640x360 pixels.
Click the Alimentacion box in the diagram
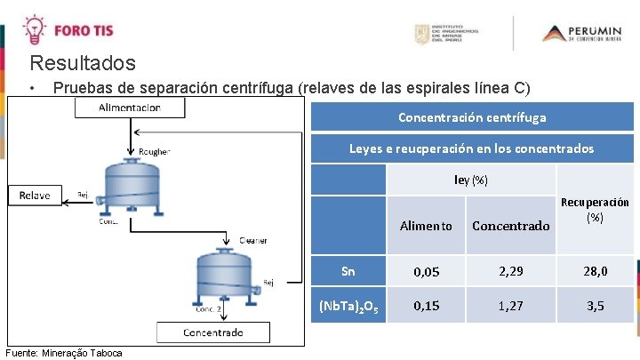[x=130, y=107]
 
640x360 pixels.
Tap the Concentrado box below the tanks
[x=212, y=332]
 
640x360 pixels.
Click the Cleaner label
[x=252, y=240]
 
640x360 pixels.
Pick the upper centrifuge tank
[x=131, y=187]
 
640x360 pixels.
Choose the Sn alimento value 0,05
[x=425, y=267]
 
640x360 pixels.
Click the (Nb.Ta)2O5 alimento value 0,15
[x=425, y=306]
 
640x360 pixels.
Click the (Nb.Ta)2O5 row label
[x=348, y=307]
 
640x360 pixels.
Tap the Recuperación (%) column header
[x=596, y=210]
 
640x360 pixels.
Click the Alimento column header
[x=425, y=226]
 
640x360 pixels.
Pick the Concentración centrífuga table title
[x=472, y=117]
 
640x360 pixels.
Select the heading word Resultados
[x=83, y=64]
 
